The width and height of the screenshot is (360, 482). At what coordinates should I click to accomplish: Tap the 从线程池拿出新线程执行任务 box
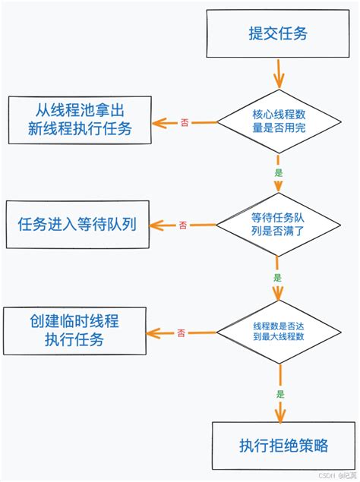pos(78,118)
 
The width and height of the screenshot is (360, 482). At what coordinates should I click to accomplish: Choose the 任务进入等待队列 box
pos(77,224)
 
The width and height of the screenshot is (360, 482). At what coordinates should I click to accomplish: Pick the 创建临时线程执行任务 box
pos(75,330)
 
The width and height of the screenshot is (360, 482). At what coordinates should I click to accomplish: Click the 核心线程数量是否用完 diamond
pos(278,121)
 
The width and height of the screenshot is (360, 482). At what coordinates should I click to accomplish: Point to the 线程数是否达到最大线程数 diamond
pos(279,331)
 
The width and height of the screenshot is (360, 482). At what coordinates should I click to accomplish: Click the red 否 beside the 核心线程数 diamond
pos(185,122)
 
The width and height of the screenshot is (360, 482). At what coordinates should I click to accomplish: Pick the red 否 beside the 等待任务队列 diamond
pos(183,225)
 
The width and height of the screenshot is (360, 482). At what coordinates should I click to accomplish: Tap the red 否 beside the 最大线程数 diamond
pos(181,332)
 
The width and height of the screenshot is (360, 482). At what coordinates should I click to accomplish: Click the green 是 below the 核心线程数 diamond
pos(278,173)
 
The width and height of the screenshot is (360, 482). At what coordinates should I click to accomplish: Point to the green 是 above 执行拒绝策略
pos(280,394)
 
